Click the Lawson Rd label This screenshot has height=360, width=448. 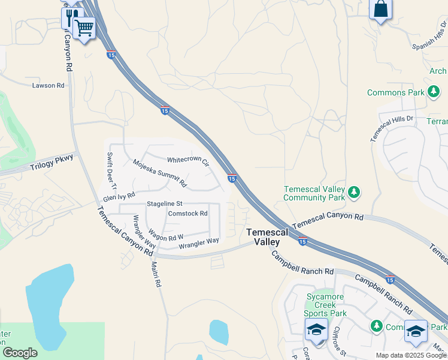pyautogui.click(x=49, y=86)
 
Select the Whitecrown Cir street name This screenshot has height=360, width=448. pyautogui.click(x=188, y=161)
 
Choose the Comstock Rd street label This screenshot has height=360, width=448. pyautogui.click(x=187, y=213)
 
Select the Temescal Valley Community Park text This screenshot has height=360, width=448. pyautogui.click(x=314, y=193)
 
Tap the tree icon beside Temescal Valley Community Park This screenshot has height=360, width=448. pyautogui.click(x=355, y=192)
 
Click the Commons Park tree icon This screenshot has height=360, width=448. pyautogui.click(x=434, y=92)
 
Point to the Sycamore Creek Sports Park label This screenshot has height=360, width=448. pyautogui.click(x=325, y=305)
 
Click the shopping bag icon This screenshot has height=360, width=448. pyautogui.click(x=380, y=9)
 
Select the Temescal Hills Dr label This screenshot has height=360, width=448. pyautogui.click(x=392, y=128)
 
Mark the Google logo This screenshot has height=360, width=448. pyautogui.click(x=20, y=353)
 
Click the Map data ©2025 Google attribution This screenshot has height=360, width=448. pyautogui.click(x=410, y=355)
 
